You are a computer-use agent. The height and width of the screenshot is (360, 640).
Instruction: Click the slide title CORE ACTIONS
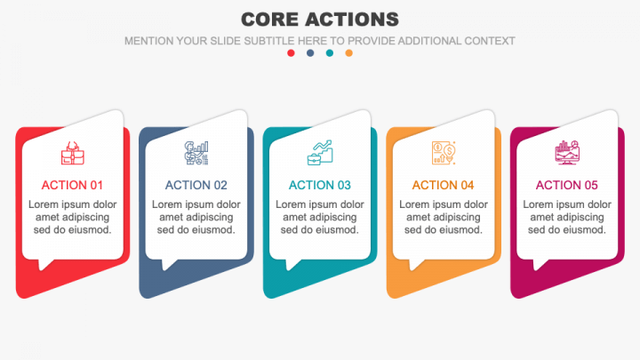tap(320, 19)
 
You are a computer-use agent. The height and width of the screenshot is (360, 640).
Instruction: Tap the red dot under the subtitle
tap(291, 53)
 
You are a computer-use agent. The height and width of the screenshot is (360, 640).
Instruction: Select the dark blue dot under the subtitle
tap(310, 53)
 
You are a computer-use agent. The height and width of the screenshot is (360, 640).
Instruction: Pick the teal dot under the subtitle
tap(330, 53)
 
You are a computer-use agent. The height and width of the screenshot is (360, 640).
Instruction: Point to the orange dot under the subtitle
tap(349, 53)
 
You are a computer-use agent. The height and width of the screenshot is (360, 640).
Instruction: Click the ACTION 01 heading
tap(72, 186)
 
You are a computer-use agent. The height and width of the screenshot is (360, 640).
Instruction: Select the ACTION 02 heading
tap(196, 186)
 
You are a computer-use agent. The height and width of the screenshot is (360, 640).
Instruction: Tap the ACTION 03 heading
tap(320, 186)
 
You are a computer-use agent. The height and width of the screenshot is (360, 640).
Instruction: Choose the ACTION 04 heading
tap(443, 186)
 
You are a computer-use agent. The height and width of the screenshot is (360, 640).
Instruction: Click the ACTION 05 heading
tap(566, 186)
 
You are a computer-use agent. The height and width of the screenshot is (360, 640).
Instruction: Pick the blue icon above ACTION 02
tap(196, 153)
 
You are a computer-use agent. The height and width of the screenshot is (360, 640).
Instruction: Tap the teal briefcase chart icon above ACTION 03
tap(320, 153)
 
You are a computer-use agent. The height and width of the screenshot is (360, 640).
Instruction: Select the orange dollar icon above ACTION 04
tap(443, 153)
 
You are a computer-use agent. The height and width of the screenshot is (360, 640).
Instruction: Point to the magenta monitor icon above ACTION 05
tap(566, 153)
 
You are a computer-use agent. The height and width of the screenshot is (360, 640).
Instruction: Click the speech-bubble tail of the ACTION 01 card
tap(45, 263)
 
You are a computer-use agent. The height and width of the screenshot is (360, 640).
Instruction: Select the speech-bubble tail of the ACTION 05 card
tap(540, 263)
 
